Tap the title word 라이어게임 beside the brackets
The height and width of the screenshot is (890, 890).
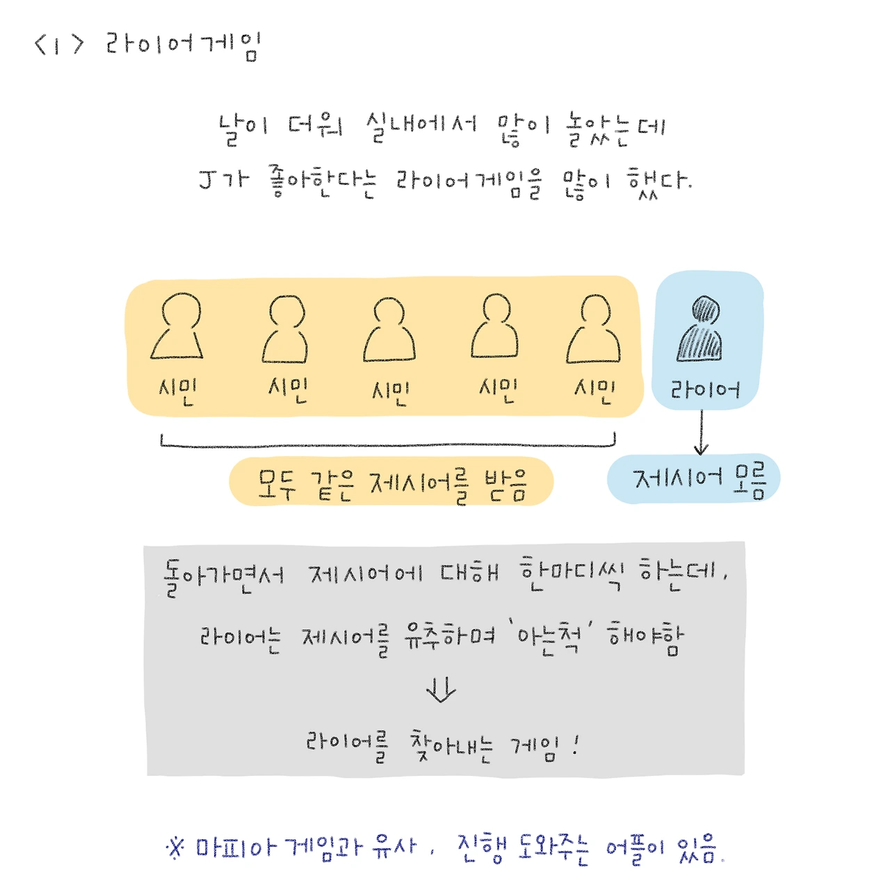pyautogui.click(x=182, y=46)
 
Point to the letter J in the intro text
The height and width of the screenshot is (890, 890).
pyautogui.click(x=207, y=179)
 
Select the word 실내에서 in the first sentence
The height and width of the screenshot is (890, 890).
pyautogui.click(x=421, y=127)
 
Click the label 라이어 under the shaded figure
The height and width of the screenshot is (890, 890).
pyautogui.click(x=704, y=389)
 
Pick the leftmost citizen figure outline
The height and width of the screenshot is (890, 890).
pyautogui.click(x=178, y=326)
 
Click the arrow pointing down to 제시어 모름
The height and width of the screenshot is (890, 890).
pyautogui.click(x=702, y=432)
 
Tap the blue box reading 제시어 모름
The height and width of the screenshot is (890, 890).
pyautogui.click(x=693, y=479)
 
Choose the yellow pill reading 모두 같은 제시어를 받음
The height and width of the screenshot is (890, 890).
pyautogui.click(x=391, y=482)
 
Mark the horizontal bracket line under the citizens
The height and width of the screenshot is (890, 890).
pyautogui.click(x=388, y=444)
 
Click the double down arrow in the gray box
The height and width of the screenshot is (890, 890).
pyautogui.click(x=441, y=689)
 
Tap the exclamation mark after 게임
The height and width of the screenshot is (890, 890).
pyautogui.click(x=576, y=746)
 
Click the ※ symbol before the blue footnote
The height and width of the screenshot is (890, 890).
pyautogui.click(x=175, y=848)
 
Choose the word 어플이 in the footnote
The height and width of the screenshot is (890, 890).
pyautogui.click(x=635, y=849)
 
